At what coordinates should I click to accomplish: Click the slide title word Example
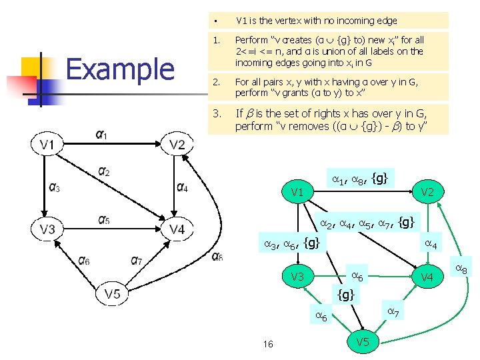120,69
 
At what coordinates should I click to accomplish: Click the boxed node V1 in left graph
47,145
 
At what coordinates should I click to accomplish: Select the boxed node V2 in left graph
177,145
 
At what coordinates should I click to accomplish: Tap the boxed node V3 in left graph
47,229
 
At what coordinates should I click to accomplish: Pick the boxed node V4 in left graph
177,229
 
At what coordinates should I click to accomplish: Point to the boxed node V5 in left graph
112,293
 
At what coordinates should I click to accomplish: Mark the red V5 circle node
363,342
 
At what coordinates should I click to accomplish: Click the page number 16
268,344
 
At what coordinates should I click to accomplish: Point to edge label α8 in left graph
217,256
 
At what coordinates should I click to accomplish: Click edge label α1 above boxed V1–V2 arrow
101,135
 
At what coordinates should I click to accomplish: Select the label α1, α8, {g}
360,178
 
